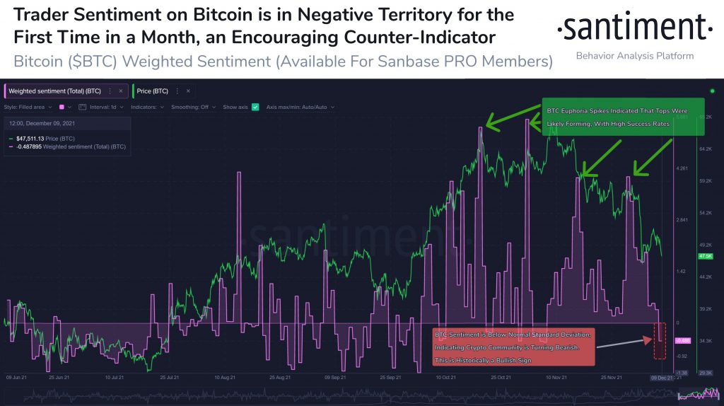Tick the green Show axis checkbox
pyautogui.click(x=255, y=107)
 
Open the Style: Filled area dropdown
pyautogui.click(x=28, y=107)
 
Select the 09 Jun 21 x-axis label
pyautogui.click(x=18, y=378)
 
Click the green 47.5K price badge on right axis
pyautogui.click(x=704, y=255)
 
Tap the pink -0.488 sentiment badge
pyautogui.click(x=683, y=340)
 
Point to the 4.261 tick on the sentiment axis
pyautogui.click(x=682, y=168)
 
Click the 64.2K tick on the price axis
pyautogui.click(x=705, y=149)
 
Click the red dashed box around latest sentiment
pyautogui.click(x=660, y=340)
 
